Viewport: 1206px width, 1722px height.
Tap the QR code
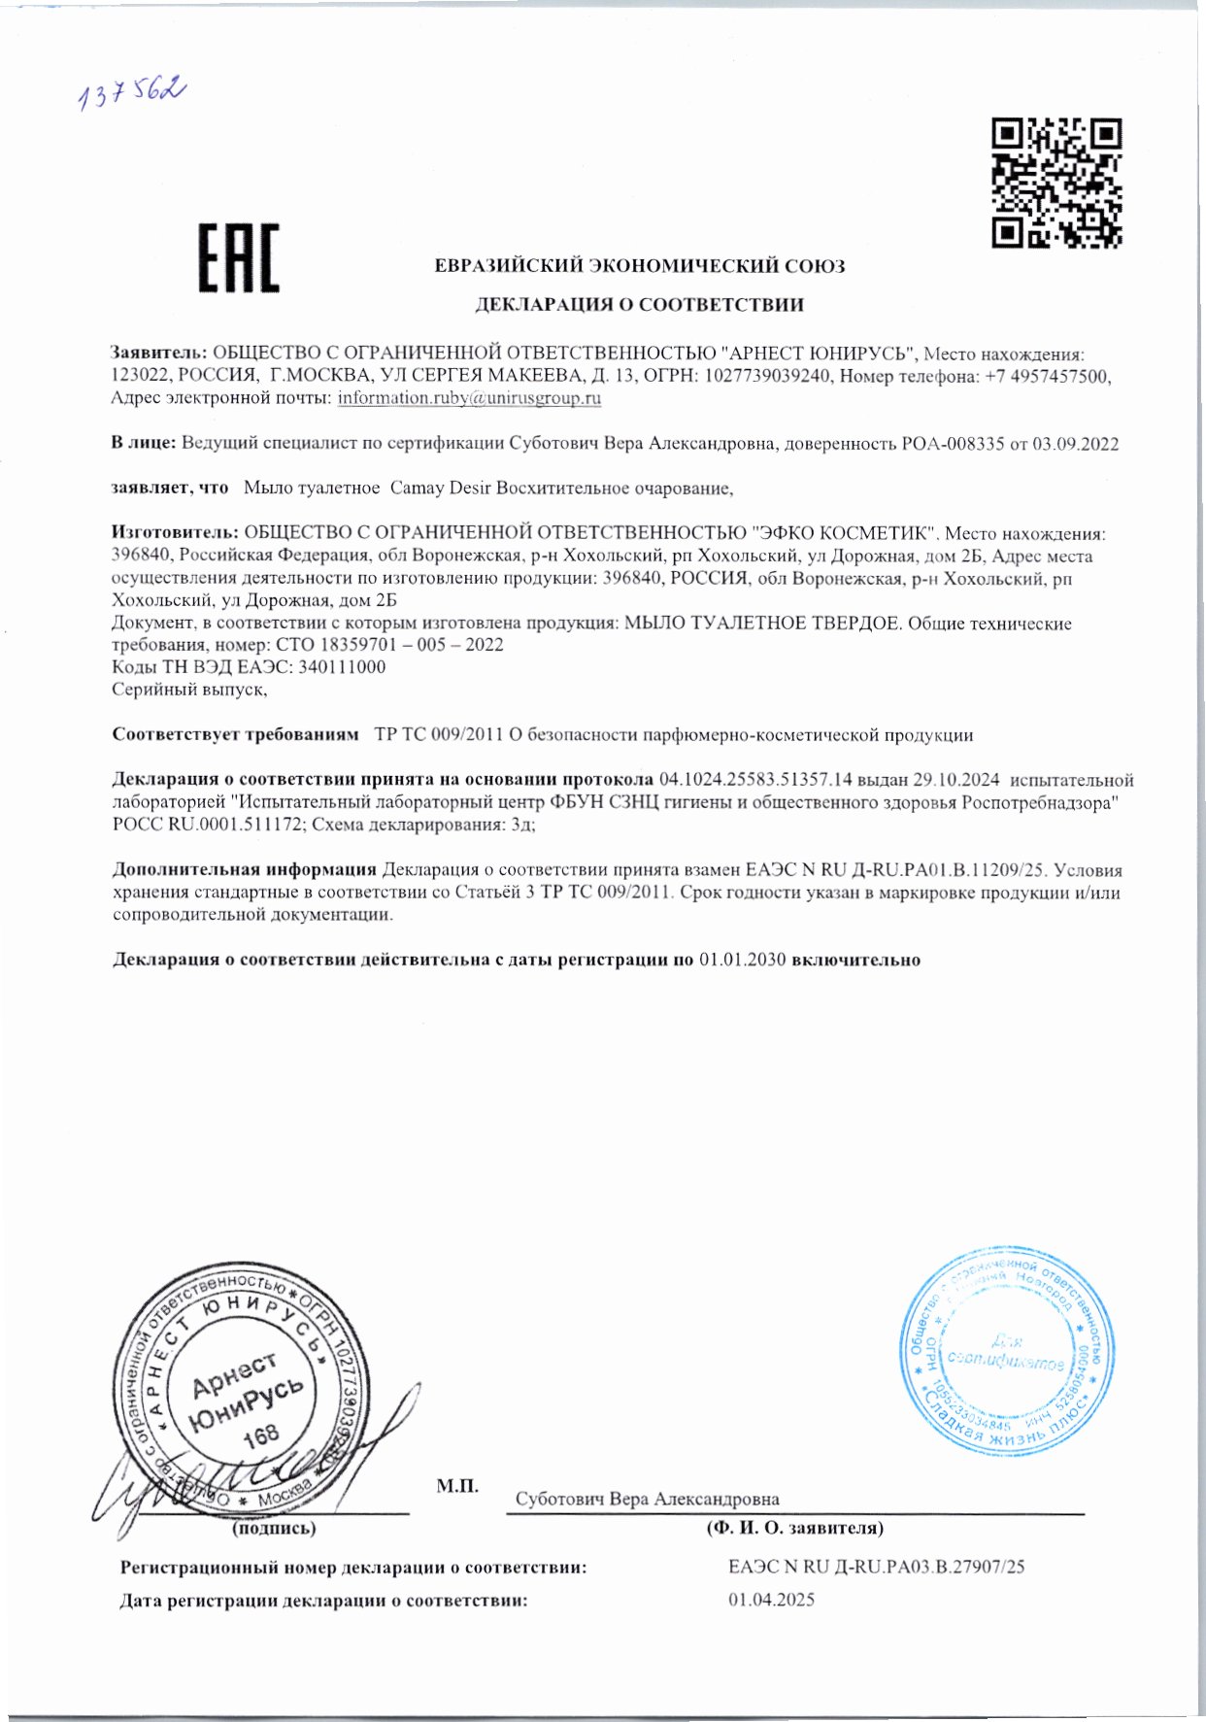coord(1056,183)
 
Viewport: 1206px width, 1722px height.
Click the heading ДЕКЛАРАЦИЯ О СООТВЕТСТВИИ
coord(638,305)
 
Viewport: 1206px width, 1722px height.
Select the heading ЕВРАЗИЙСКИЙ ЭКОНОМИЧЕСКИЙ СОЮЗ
coord(639,266)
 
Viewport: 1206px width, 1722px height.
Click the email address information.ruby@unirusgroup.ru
coord(469,397)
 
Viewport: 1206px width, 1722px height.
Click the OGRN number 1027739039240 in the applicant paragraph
coord(767,376)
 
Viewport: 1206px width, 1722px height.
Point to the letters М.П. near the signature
coord(457,1486)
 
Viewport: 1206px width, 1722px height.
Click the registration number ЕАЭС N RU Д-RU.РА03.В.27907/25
coord(877,1567)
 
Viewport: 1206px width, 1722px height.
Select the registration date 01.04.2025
coord(771,1600)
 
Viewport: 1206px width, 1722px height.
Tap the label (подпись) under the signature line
coord(273,1529)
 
